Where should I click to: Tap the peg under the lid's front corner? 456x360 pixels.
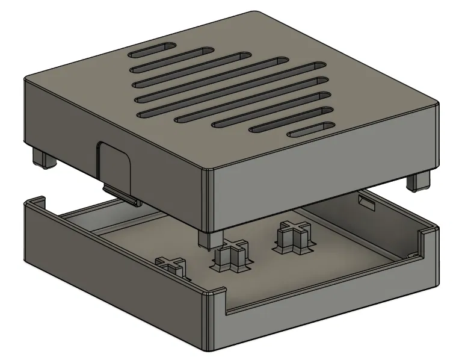click(208, 238)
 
